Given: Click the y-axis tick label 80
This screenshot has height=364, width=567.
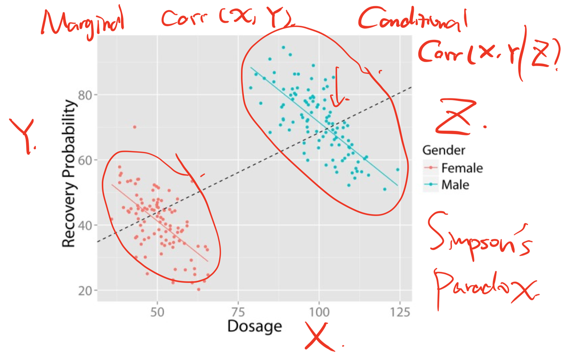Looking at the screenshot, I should (85, 95).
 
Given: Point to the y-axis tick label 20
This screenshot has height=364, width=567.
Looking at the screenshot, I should (85, 290).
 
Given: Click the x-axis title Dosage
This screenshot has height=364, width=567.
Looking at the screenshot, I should (254, 327).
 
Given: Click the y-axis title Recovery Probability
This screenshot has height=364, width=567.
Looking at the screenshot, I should (69, 174).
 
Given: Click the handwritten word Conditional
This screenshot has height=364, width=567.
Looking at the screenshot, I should (412, 20).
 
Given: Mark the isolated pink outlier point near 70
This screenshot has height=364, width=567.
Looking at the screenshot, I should (135, 127).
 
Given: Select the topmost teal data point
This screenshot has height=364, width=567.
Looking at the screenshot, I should (283, 47).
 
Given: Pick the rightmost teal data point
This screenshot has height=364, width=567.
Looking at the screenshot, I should (398, 170).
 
